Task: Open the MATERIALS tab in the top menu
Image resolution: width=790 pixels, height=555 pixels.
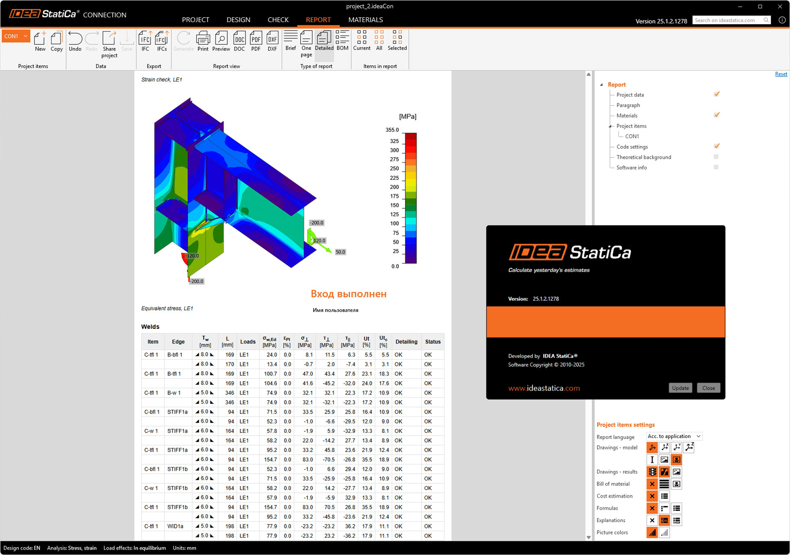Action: [x=365, y=20]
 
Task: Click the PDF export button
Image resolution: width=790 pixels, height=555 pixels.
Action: [x=256, y=42]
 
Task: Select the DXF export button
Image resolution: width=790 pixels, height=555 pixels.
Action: [x=272, y=42]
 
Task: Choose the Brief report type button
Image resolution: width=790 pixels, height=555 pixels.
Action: [x=290, y=41]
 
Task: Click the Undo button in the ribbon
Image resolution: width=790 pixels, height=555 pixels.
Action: [x=75, y=42]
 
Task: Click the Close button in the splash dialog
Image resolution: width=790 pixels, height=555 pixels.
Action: [x=708, y=388]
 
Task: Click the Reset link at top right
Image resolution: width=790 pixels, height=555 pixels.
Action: [x=781, y=74]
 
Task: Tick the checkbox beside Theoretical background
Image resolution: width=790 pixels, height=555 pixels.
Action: [x=716, y=157]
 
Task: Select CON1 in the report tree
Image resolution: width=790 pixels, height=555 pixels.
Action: [x=632, y=136]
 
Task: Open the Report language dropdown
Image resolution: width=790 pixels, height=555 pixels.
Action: [x=674, y=436]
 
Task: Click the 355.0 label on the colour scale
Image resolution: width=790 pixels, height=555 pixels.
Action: [x=392, y=130]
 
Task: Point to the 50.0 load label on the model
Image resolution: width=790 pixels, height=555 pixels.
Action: [x=340, y=252]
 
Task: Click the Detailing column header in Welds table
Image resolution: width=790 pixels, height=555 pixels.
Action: [x=406, y=341]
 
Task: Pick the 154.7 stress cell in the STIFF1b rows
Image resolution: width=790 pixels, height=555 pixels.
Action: [x=270, y=507]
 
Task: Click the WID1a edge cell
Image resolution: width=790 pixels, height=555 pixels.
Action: [x=175, y=526]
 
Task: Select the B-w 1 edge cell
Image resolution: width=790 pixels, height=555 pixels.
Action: [x=174, y=393]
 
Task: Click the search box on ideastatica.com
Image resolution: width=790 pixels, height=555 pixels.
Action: [x=728, y=20]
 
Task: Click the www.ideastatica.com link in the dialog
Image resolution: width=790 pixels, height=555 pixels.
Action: [x=544, y=388]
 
